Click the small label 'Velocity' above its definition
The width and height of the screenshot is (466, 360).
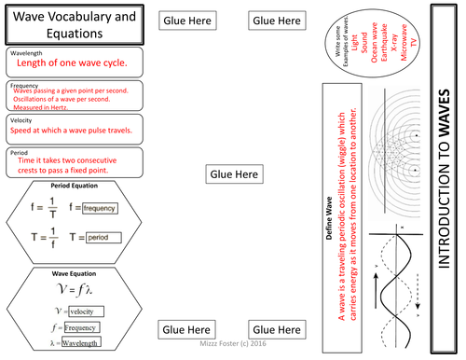(21, 120)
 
